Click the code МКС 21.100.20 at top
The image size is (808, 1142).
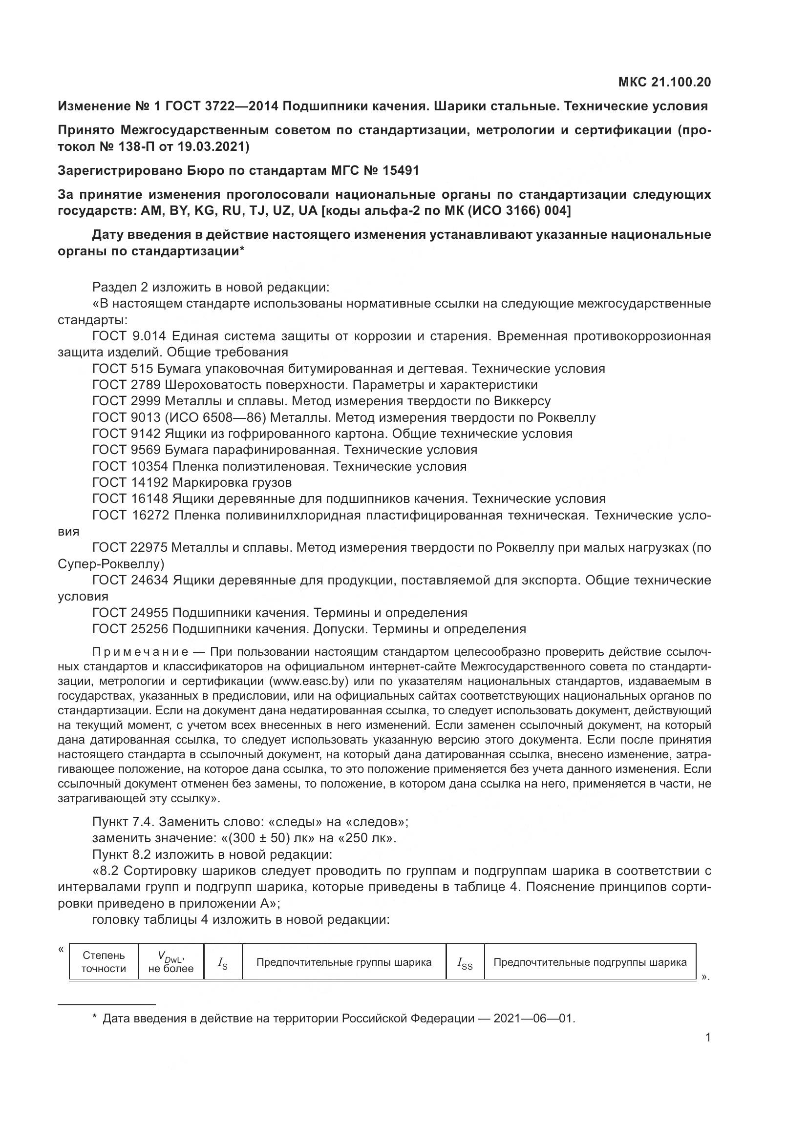(x=664, y=82)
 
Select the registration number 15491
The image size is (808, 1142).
(x=401, y=170)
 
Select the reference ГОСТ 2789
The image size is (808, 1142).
(x=127, y=385)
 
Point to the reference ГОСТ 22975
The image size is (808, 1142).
(x=129, y=548)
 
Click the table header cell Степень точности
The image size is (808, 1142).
(x=104, y=962)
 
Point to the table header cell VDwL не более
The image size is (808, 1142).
(x=170, y=962)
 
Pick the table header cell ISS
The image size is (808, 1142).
(x=465, y=963)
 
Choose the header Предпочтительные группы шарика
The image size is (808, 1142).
(x=344, y=962)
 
